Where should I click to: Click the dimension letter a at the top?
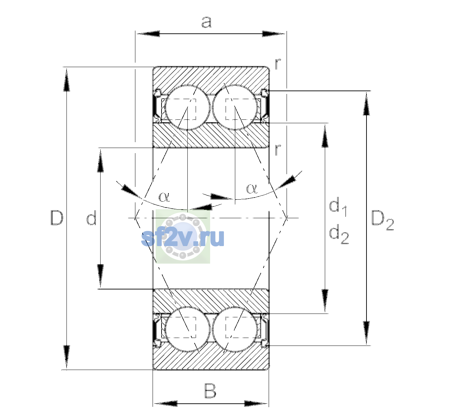tap(206, 22)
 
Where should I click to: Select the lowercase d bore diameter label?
tap(91, 219)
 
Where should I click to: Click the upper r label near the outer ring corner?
tap(278, 64)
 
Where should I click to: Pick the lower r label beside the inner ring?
tap(278, 150)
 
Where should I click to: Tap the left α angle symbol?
tap(164, 197)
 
